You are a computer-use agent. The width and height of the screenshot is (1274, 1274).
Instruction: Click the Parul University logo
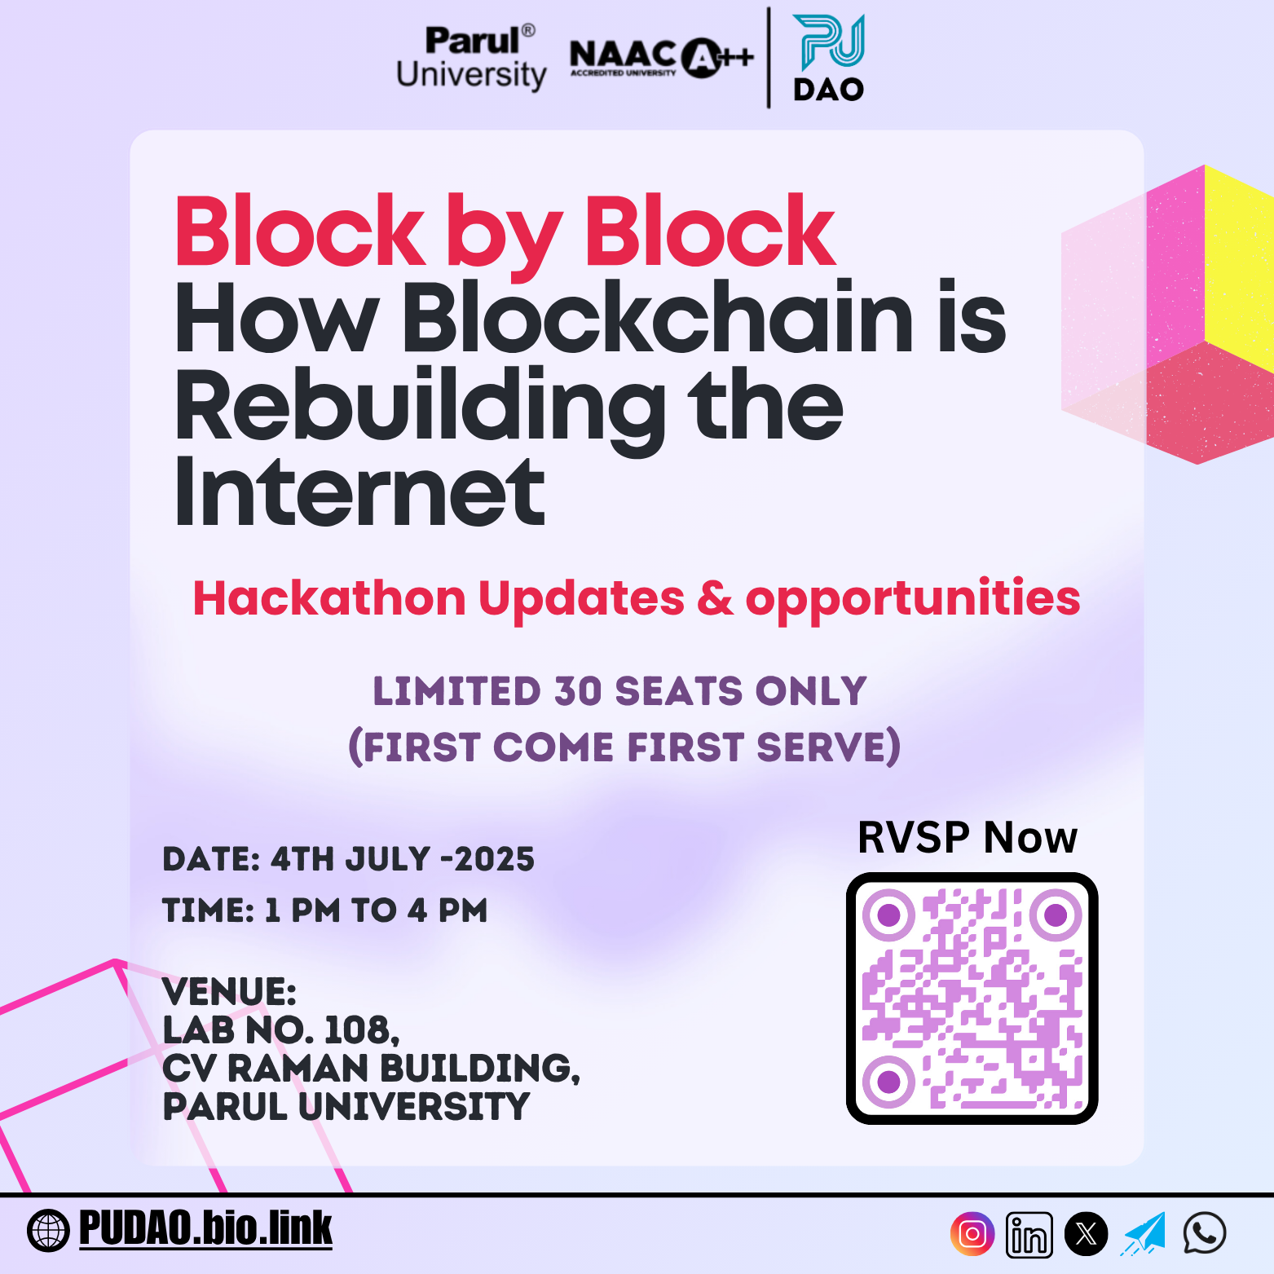click(471, 58)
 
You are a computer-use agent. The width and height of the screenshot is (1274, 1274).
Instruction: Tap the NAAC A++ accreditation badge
click(662, 58)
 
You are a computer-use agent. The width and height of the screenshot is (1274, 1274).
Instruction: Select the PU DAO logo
click(829, 58)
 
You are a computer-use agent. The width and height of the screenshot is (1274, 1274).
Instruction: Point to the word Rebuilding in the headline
click(421, 408)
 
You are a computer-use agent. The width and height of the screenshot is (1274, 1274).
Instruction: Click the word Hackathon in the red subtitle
click(329, 598)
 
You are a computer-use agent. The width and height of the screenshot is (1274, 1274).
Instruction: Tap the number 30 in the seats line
click(578, 691)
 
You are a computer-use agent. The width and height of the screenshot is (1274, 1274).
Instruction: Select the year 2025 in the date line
click(494, 859)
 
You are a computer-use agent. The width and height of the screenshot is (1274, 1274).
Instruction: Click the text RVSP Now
click(968, 837)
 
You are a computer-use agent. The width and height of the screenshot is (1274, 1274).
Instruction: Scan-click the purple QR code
click(972, 998)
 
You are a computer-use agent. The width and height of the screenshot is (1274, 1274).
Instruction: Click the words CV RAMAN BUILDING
click(370, 1069)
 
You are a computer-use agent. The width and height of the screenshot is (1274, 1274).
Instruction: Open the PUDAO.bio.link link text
click(205, 1228)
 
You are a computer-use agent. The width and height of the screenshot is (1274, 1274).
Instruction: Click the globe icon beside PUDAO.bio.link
click(48, 1231)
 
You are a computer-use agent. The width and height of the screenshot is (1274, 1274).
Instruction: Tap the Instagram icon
click(972, 1234)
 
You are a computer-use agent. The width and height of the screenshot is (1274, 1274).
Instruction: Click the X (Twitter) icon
click(1086, 1234)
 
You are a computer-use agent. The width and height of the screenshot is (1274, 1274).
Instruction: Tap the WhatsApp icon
click(1205, 1232)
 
